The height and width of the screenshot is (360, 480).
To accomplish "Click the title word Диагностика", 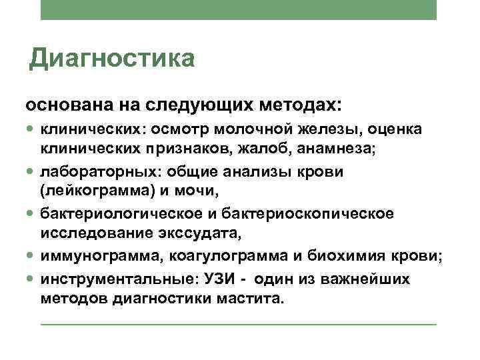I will click(x=113, y=58).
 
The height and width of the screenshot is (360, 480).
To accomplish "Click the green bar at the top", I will click(x=238, y=9).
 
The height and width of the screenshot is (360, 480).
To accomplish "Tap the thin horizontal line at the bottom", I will click(x=238, y=325).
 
